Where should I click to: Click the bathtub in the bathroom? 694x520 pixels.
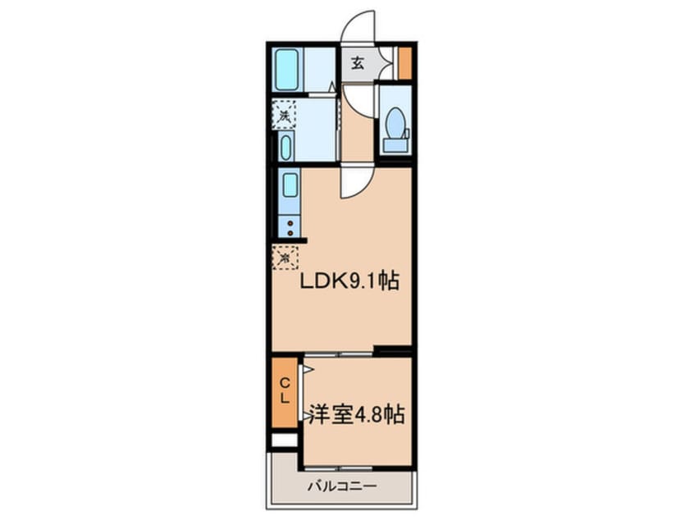coord(287,70)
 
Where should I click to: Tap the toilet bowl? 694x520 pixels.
coord(394,125)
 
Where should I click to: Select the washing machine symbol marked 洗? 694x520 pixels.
coord(283,115)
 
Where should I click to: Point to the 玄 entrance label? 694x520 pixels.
coord(358,64)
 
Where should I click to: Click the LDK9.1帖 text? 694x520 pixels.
coord(349,283)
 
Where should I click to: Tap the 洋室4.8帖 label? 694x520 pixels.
coord(357,415)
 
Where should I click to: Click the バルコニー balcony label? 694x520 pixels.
coord(341,486)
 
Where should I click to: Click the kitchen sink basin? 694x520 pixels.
coord(290,185)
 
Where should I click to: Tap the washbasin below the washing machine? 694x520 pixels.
coord(285,148)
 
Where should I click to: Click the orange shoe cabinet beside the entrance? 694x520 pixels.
coord(404,62)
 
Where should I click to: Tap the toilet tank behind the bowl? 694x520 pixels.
coord(395,144)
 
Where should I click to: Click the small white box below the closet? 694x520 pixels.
coord(283,440)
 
